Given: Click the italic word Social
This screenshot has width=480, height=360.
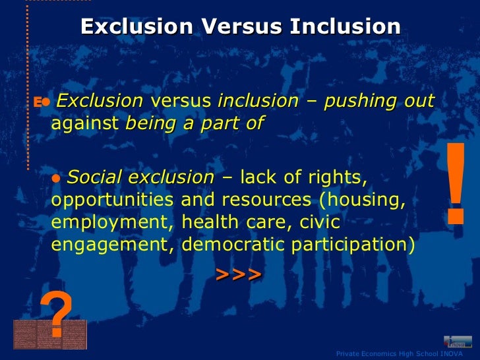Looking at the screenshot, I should tap(95, 177).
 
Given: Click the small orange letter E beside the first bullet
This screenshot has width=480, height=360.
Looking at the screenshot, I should tap(38, 102).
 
